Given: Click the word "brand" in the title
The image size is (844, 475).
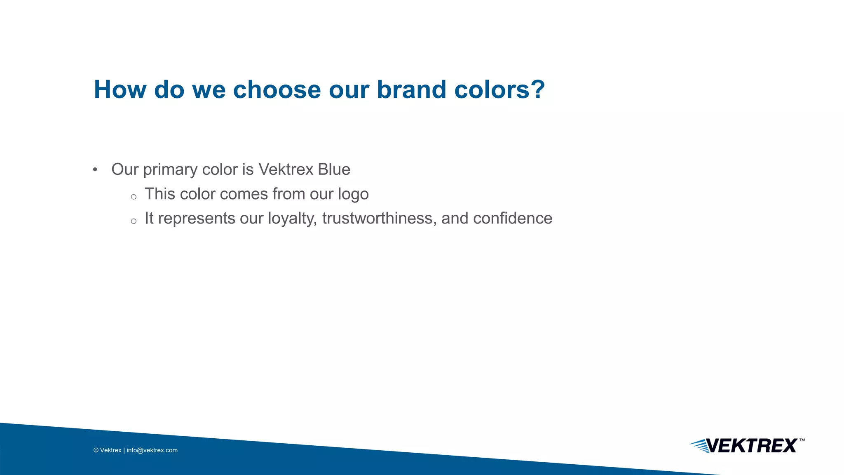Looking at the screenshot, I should click(411, 89).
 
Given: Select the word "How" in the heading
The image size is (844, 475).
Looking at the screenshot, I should click(120, 89).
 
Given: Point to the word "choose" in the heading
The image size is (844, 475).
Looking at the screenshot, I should click(277, 89).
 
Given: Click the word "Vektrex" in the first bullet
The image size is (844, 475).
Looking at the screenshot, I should click(286, 169).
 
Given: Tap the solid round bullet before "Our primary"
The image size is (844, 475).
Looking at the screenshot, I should click(95, 170).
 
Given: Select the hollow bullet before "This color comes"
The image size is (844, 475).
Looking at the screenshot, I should click(134, 197).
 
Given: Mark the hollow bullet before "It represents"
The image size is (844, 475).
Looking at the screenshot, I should click(134, 221).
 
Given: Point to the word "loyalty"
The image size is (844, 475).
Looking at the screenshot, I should click(292, 219).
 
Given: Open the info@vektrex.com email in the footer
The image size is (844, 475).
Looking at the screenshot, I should click(152, 450).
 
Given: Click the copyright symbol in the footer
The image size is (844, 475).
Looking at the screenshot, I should click(96, 450).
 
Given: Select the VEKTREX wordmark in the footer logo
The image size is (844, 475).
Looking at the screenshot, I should click(752, 446).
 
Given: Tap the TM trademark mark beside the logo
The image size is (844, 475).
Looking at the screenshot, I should click(802, 440).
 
